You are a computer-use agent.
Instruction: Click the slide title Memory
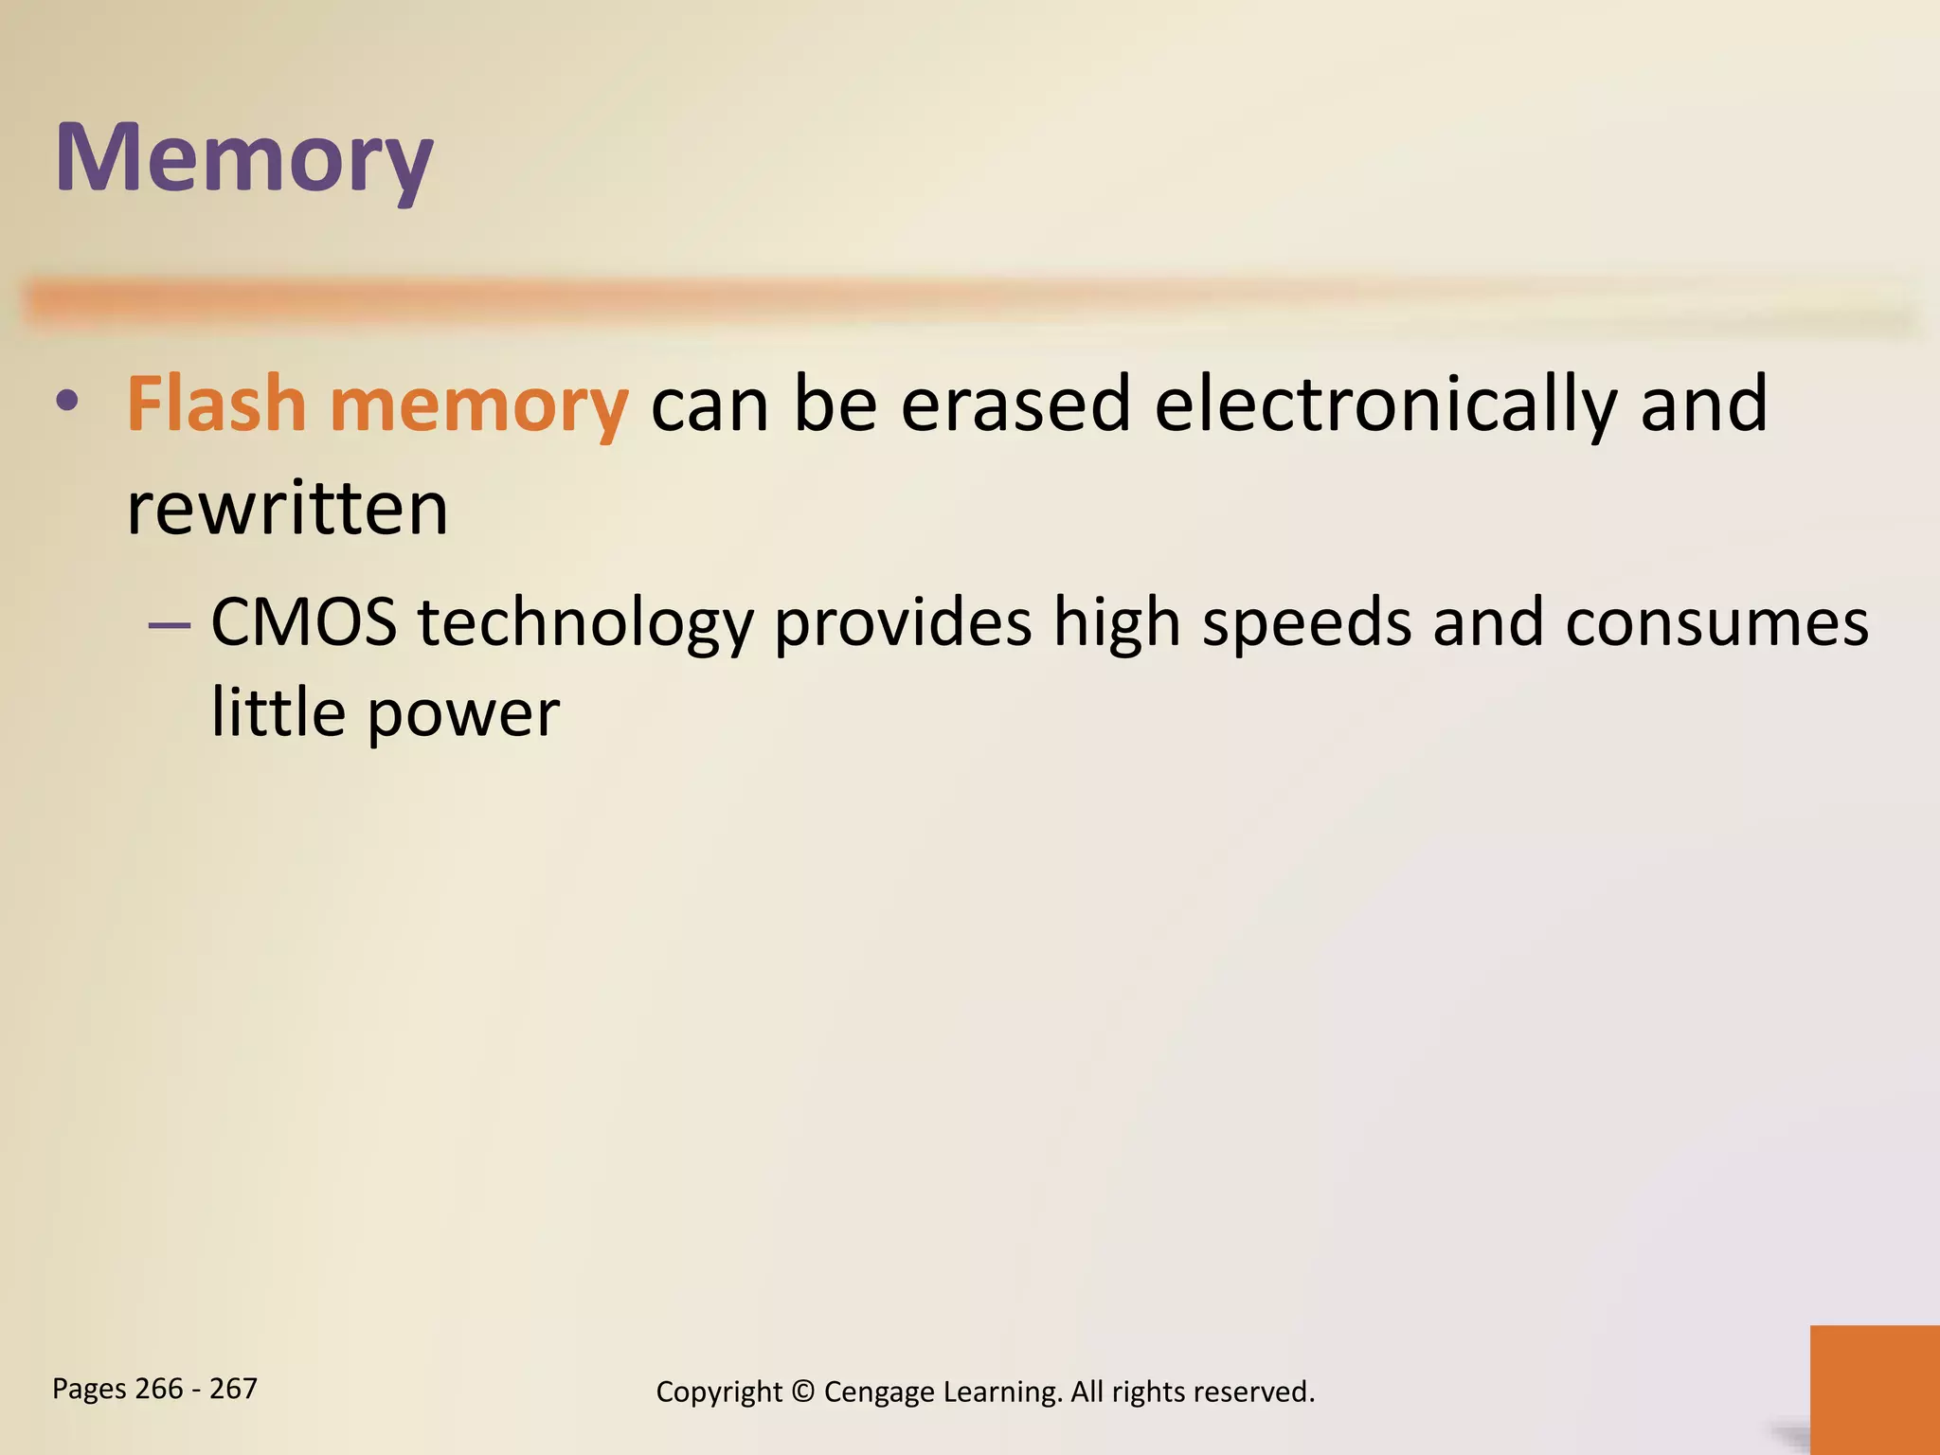coord(243,159)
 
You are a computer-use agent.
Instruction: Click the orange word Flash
coord(216,404)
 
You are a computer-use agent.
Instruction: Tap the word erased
coord(1015,404)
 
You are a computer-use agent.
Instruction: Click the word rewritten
coord(287,509)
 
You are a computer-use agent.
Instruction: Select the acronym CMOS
coord(303,623)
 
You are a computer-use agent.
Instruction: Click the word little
coord(278,711)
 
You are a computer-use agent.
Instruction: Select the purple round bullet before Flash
coord(66,402)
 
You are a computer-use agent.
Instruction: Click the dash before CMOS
coord(170,626)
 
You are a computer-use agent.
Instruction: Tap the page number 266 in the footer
coord(159,1389)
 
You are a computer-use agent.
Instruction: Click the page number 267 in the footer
coord(233,1389)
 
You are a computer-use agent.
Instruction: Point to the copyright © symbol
coord(802,1392)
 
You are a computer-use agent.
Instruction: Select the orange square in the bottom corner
coord(1875,1389)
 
